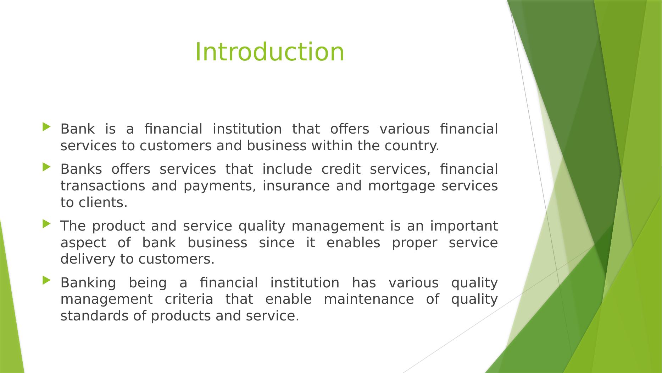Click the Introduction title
coord(269,52)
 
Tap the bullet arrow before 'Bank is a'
coord(46,127)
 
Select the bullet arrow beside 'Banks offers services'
coord(46,167)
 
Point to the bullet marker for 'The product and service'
coord(46,224)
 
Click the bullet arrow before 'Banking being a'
coord(46,281)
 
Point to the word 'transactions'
coord(103,186)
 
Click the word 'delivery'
coord(88,260)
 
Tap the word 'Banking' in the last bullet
coord(88,283)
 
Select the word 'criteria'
coord(189,299)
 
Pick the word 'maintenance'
coord(369,299)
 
